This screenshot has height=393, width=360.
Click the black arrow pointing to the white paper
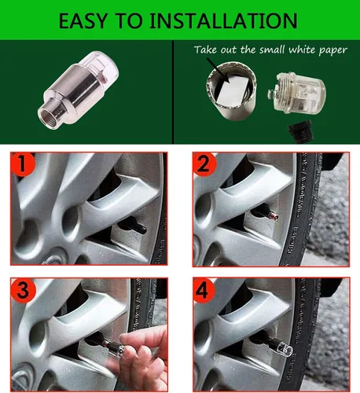pos(224,72)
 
